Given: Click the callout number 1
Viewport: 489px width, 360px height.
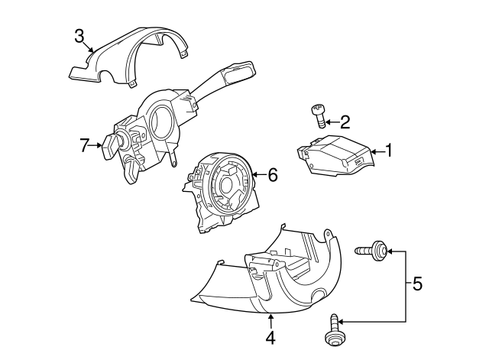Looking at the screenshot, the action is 388,151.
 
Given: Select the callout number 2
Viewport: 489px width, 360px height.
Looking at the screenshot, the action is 345,122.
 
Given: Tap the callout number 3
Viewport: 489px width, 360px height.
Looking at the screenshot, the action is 79,36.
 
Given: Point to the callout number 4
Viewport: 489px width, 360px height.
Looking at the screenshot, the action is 270,338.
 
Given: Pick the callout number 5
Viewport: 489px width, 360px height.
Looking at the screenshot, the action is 417,284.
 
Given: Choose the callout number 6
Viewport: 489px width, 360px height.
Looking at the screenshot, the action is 273,175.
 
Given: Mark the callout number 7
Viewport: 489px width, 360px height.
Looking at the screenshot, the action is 83,146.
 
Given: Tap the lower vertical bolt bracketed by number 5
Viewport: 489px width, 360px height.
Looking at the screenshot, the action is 333,331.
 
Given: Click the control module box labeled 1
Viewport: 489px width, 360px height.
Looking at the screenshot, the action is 335,154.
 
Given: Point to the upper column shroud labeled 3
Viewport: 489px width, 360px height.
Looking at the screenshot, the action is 129,57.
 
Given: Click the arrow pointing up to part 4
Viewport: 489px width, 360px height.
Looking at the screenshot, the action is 270,321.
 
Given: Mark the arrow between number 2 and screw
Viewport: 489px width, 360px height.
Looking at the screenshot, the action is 332,122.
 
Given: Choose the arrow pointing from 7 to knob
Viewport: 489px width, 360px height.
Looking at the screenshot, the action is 95,145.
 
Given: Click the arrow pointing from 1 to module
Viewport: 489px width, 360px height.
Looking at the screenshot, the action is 377,151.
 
